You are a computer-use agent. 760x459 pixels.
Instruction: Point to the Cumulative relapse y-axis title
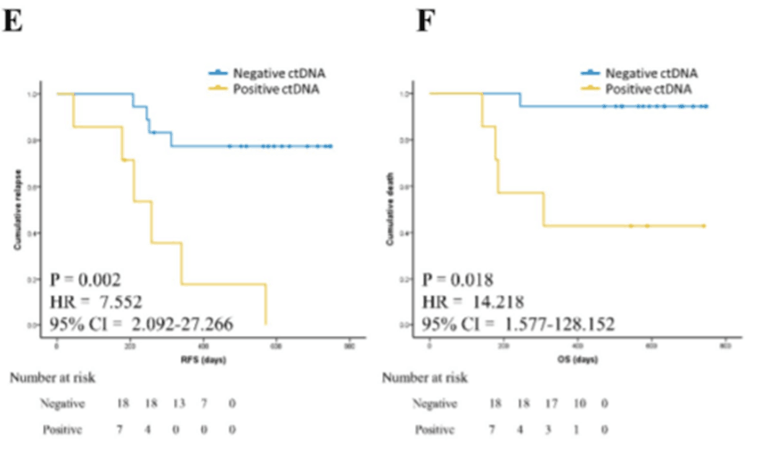(x=16, y=210)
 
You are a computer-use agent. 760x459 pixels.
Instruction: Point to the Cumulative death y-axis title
(x=389, y=210)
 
